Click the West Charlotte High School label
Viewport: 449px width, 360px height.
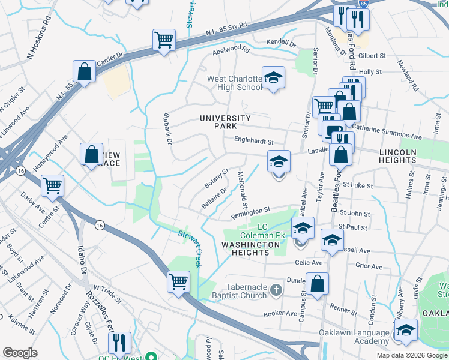[235, 83]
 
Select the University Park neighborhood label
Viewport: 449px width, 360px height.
[225, 122]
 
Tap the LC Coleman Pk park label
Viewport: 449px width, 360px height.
[270, 231]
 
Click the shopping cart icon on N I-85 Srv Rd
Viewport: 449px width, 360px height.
[164, 40]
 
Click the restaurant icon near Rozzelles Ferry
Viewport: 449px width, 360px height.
[119, 343]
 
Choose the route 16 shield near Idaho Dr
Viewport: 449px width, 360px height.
[98, 224]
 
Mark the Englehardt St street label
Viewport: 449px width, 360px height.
[253, 142]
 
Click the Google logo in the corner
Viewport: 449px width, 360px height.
[20, 353]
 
